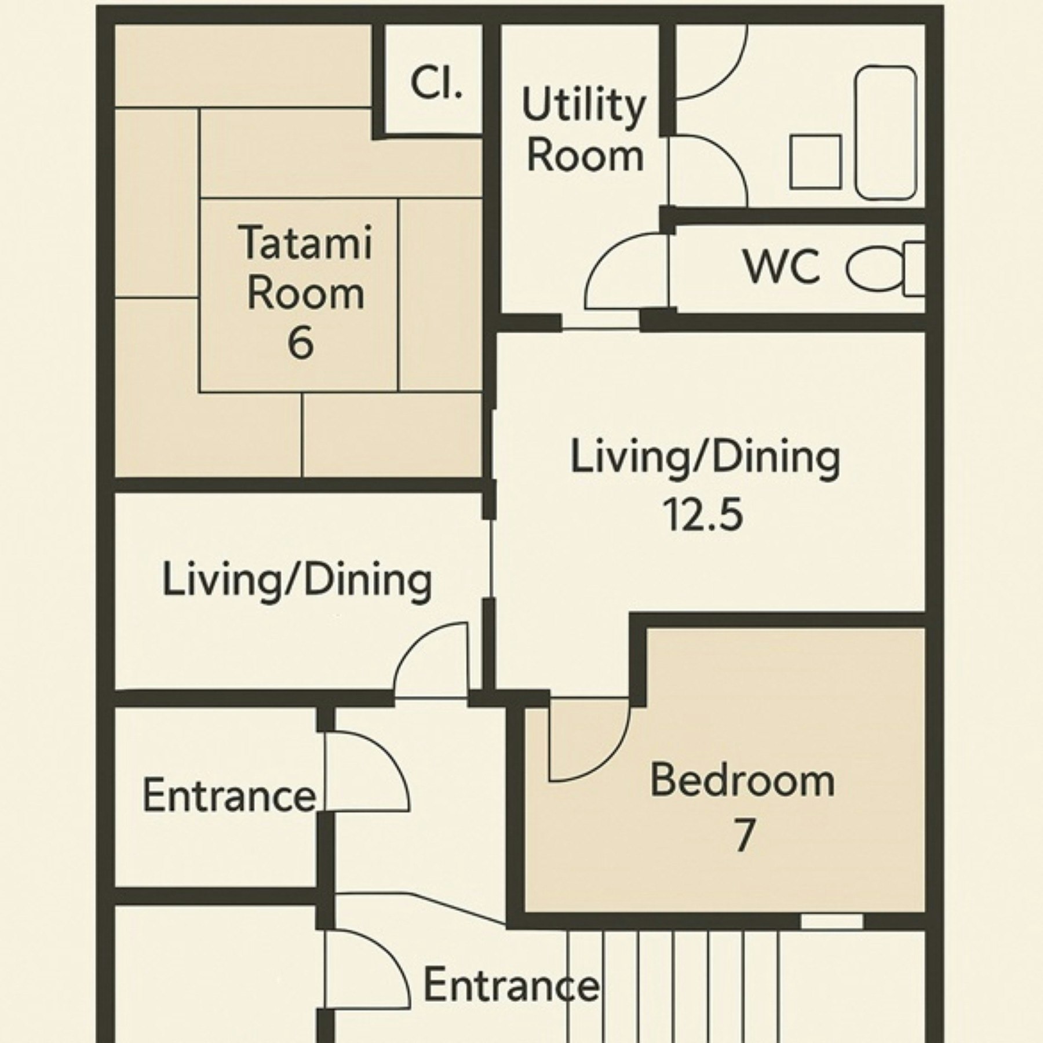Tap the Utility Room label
point(584,130)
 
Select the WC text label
point(782,266)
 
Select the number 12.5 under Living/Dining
point(702,515)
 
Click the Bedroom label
point(742,781)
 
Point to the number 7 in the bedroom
point(744,834)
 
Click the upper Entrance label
point(229,796)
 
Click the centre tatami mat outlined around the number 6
point(299,294)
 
